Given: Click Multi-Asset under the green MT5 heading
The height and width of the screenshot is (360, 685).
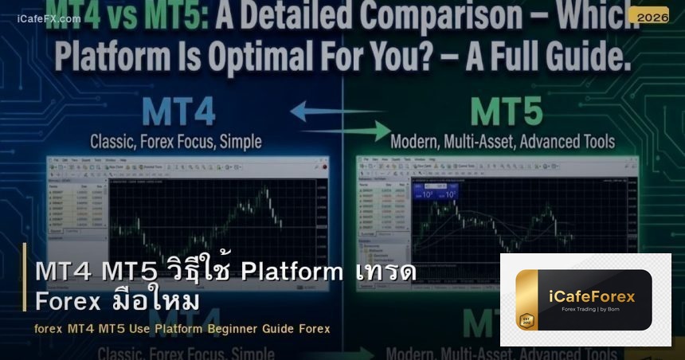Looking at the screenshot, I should click(495, 143).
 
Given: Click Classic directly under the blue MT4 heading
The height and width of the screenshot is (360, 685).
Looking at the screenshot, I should click(115, 143).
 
